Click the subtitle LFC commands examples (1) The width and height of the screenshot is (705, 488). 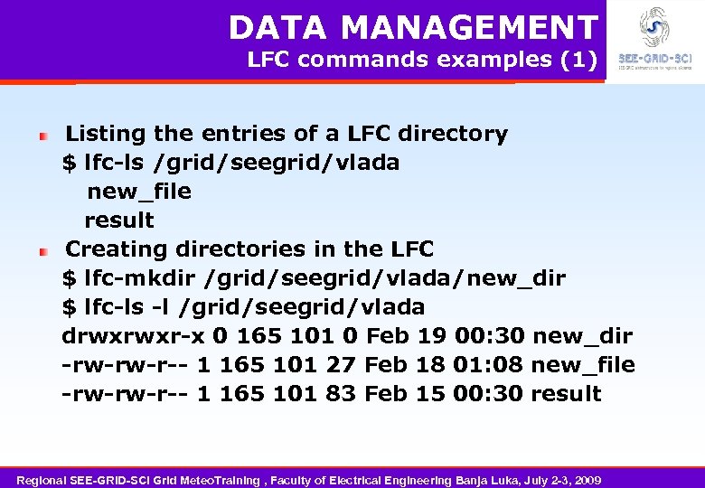click(422, 61)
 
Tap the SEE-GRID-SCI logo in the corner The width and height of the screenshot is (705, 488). click(654, 41)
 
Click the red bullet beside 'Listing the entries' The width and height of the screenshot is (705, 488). click(42, 135)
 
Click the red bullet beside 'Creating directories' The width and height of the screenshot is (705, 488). click(42, 250)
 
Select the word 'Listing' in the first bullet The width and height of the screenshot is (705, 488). click(106, 134)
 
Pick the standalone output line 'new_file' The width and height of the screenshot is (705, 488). click(138, 192)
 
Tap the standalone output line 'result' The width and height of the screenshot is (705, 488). click(119, 221)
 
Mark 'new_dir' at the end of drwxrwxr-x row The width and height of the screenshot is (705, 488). click(582, 336)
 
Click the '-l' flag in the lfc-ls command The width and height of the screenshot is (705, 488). click(160, 307)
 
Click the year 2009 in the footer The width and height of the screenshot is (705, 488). click(585, 479)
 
